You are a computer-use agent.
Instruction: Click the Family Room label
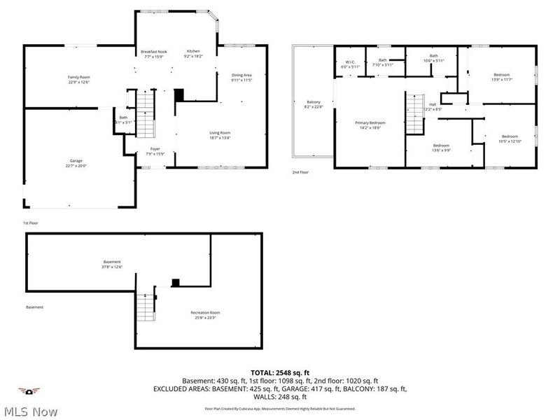click(x=78, y=80)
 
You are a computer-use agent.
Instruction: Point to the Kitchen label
click(x=193, y=54)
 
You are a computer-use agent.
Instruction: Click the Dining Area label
click(x=241, y=78)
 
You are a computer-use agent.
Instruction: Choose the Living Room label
click(x=220, y=135)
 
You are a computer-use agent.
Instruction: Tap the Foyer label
click(x=155, y=151)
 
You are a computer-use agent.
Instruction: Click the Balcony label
click(x=313, y=104)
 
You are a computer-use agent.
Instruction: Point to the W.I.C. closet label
click(x=351, y=64)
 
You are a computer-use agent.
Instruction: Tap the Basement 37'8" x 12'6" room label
click(x=112, y=264)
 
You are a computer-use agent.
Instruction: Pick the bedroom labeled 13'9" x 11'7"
click(x=501, y=77)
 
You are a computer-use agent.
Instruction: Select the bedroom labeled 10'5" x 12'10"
click(x=509, y=139)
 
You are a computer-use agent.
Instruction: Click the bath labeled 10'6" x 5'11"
click(x=433, y=58)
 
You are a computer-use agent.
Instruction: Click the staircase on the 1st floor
click(x=144, y=115)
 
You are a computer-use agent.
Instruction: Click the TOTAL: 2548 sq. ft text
click(x=280, y=372)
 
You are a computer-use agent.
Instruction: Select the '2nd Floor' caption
click(x=300, y=171)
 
